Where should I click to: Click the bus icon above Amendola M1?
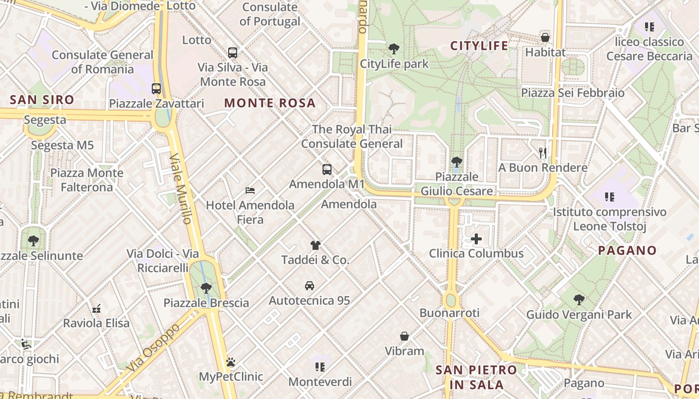pos(327,170)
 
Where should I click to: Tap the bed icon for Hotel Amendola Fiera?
pos(250,191)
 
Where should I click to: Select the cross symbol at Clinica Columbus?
pos(476,239)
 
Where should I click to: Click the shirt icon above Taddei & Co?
pos(315,245)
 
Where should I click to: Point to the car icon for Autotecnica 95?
pos(310,286)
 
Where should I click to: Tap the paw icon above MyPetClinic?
pos(231,362)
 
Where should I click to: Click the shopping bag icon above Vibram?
pos(404,337)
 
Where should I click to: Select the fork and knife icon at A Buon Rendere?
pos(543,153)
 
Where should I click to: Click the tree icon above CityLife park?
pos(394,49)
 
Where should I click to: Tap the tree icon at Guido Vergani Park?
pos(579,300)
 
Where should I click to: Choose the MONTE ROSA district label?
pos(270,103)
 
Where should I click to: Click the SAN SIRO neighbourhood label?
pos(42,100)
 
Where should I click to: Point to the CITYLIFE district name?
pos(479,46)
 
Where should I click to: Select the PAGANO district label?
pos(627,250)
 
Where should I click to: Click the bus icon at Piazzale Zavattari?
pos(156,89)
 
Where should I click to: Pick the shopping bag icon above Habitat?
pos(545,37)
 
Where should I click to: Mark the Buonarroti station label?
pos(449,313)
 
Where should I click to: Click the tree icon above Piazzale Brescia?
pos(206,288)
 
